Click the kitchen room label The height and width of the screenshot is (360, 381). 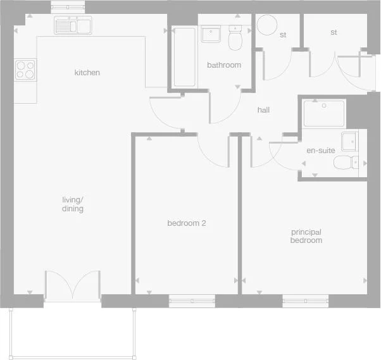(x=87, y=73)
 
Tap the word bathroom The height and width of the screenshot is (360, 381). (x=224, y=65)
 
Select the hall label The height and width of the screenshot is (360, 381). (x=263, y=110)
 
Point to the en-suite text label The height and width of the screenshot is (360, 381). (x=320, y=151)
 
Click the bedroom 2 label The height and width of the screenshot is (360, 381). (x=187, y=223)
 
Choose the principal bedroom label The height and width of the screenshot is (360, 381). (x=306, y=236)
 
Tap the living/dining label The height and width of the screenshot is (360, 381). (x=73, y=204)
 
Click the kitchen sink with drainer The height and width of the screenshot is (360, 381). (x=73, y=26)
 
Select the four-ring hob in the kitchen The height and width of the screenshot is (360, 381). (x=25, y=69)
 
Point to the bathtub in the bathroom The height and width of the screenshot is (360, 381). (x=184, y=57)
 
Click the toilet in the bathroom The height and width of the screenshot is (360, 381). (x=235, y=39)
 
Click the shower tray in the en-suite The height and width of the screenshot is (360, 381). (x=324, y=114)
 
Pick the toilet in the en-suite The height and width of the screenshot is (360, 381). (x=346, y=163)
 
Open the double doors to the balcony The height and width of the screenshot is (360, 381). (x=72, y=285)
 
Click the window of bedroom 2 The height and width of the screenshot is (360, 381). (x=192, y=301)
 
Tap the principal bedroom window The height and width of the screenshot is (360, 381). (x=306, y=301)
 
